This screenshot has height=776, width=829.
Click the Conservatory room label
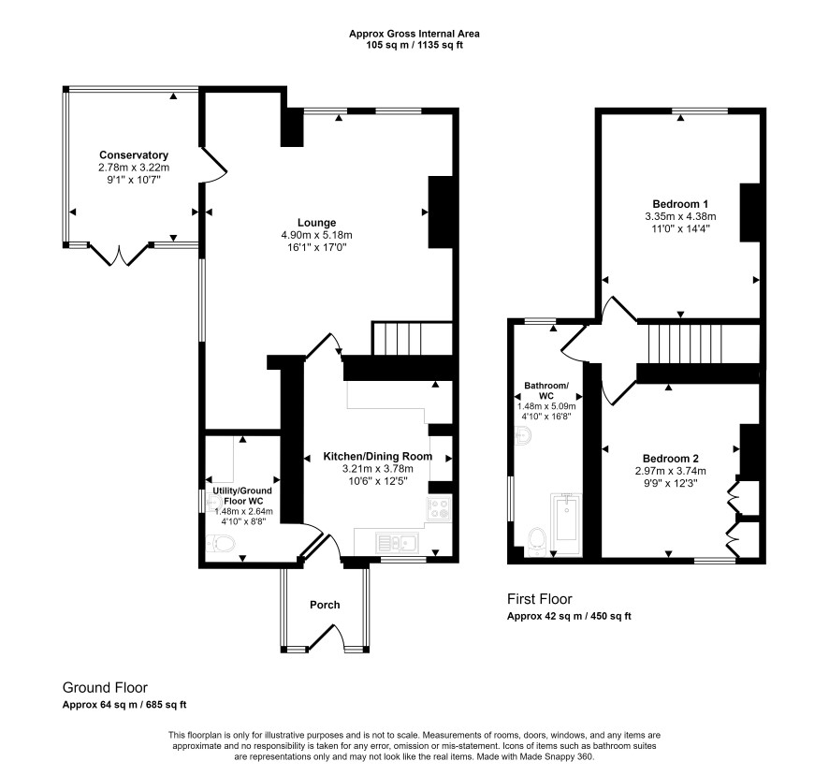click(134, 155)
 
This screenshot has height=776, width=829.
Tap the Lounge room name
click(316, 223)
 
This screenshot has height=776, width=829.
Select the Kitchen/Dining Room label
click(377, 456)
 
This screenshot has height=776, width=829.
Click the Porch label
click(325, 605)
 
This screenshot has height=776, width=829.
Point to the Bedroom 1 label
click(680, 204)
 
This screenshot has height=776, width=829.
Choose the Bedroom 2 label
click(670, 459)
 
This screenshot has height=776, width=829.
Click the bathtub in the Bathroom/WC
click(566, 524)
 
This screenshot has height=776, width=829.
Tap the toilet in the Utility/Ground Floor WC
click(221, 543)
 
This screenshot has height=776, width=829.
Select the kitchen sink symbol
click(397, 542)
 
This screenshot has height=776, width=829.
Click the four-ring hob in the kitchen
click(439, 508)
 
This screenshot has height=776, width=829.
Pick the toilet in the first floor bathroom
click(536, 541)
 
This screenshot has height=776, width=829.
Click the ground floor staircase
click(413, 339)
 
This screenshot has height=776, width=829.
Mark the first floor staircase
click(686, 344)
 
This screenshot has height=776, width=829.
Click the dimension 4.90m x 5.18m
click(316, 235)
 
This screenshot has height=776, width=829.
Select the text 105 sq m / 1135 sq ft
click(414, 45)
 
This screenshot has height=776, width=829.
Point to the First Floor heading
click(539, 599)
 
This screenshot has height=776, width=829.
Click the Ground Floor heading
click(105, 688)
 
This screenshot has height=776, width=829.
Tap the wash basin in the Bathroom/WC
click(522, 436)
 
